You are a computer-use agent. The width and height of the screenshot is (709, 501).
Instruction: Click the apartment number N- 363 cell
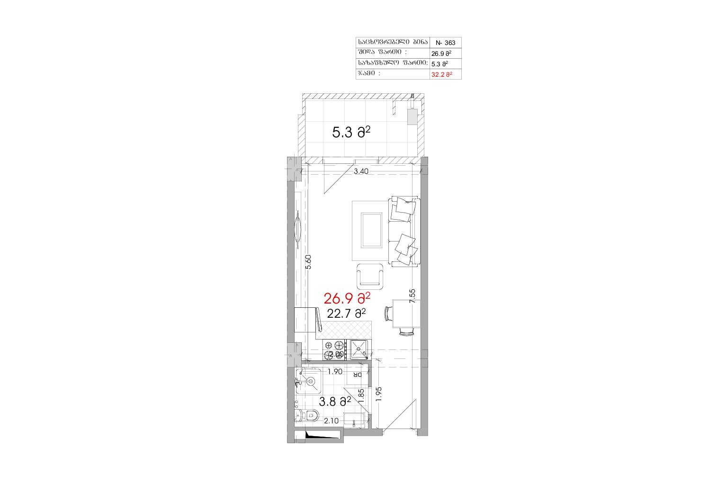click(445, 43)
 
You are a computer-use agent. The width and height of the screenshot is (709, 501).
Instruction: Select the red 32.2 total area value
click(441, 75)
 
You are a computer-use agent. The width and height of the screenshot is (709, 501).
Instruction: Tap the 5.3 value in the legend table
click(440, 64)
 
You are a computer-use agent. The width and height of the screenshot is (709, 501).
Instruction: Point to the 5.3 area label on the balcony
click(351, 132)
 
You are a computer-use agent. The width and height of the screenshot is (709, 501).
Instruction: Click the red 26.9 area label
click(347, 298)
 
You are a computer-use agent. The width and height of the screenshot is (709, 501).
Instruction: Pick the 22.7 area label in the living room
click(346, 313)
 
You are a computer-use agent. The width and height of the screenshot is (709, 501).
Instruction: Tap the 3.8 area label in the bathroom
click(335, 402)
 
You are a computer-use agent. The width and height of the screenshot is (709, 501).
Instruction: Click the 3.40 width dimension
click(361, 171)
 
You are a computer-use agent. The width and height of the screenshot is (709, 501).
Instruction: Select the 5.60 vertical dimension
click(308, 262)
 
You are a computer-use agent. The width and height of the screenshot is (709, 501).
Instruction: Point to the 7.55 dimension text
click(412, 296)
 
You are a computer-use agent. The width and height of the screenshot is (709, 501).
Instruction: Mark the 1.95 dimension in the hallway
click(379, 394)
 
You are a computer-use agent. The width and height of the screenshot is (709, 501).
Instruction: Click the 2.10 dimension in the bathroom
click(331, 421)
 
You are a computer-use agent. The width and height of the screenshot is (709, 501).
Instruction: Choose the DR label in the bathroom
click(358, 375)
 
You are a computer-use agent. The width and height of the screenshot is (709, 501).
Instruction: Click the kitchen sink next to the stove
click(359, 349)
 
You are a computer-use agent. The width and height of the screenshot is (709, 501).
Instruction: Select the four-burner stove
click(334, 350)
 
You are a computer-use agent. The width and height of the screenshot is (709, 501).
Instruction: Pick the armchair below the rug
click(370, 276)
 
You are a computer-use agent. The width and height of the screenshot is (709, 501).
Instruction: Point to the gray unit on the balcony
click(413, 116)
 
